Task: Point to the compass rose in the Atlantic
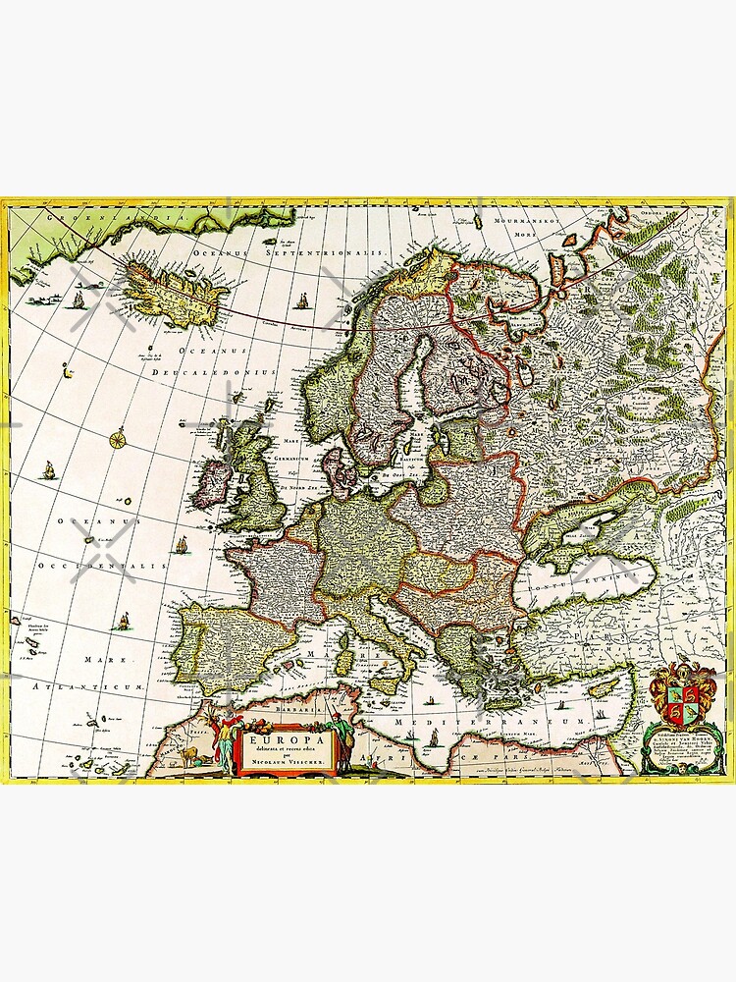point(118,438)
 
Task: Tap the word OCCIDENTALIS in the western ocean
point(86,568)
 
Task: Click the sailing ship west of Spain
point(125,621)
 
